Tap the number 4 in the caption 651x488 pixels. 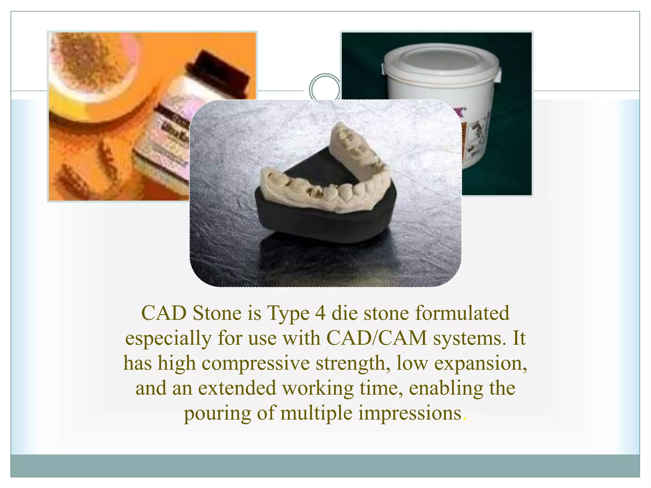320,314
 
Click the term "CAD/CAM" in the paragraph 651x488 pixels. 376,338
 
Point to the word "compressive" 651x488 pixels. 256,364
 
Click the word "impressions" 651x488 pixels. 410,413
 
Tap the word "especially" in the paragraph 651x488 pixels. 168,339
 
